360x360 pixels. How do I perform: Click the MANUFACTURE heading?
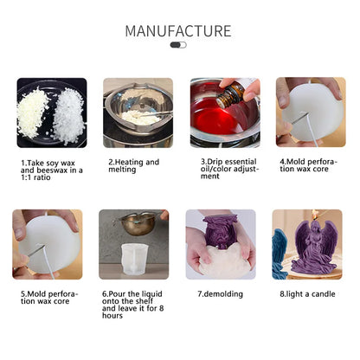point(178,31)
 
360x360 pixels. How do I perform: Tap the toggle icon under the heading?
point(178,44)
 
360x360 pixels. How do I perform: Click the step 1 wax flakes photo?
point(51,112)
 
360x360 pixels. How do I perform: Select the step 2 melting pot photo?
point(138,112)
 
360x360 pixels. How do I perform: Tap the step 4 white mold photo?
point(310,112)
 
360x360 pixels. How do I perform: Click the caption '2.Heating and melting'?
point(134,165)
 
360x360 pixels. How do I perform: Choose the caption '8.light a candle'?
point(308,293)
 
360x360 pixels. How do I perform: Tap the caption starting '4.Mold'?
point(308,165)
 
